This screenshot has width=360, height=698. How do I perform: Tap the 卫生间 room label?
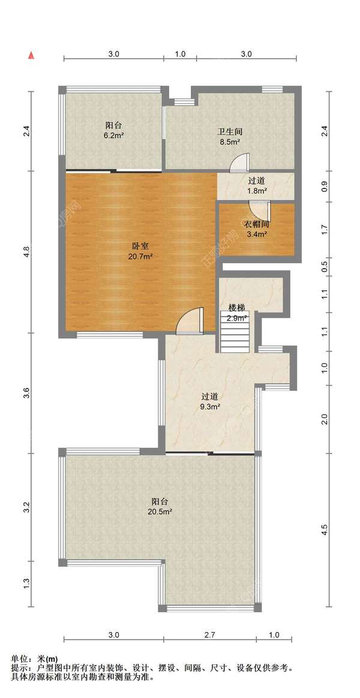229,132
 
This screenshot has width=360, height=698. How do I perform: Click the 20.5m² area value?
160,512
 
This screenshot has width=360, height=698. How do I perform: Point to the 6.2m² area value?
114,136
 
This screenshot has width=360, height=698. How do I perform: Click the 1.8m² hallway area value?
257,191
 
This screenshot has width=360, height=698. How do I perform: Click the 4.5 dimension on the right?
325,529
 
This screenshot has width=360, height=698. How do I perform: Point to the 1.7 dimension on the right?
325,228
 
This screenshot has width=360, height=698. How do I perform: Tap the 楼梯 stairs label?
236,307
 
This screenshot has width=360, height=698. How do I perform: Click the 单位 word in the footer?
19,658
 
